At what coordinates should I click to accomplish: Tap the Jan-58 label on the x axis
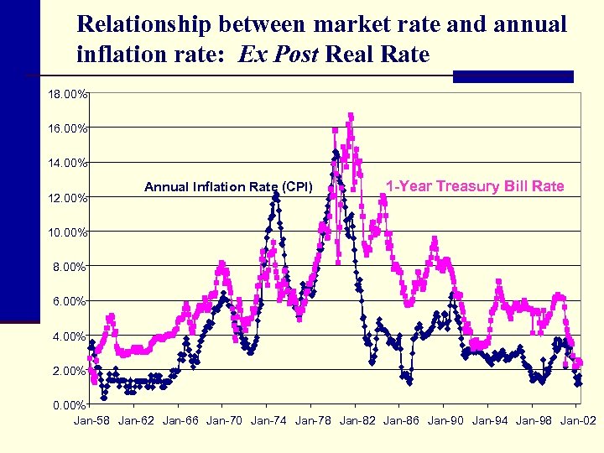coord(92,420)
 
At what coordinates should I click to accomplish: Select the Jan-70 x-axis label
coord(224,420)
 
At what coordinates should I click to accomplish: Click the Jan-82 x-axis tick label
coord(357,420)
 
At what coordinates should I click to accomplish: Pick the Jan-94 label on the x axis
coord(490,420)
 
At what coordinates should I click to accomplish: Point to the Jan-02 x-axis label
coord(578,420)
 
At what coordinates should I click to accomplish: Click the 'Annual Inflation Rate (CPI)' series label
coord(228,187)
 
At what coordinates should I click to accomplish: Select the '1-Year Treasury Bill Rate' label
coord(475,186)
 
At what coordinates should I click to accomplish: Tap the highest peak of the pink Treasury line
coord(351,116)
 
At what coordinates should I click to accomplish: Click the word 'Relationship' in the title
coord(147,23)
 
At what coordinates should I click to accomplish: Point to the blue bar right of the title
coord(513,76)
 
